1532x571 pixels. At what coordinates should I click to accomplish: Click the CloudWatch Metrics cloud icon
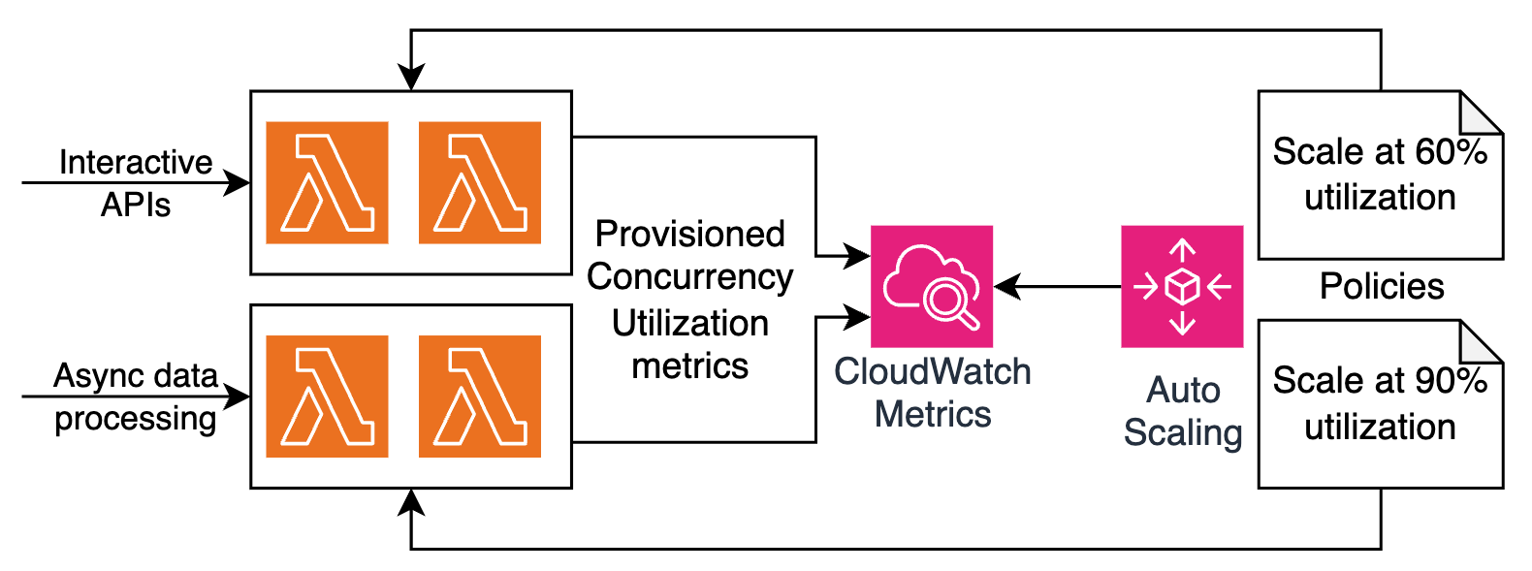click(932, 286)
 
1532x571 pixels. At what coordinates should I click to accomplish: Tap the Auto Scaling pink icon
click(1182, 286)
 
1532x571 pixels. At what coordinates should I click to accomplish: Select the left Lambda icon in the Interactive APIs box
click(327, 182)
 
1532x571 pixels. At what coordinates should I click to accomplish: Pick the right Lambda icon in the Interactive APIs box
click(480, 182)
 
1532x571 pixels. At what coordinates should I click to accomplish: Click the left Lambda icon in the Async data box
click(327, 397)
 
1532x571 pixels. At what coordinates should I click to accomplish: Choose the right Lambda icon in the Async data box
click(480, 397)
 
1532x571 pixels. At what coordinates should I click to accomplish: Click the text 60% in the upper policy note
click(1452, 152)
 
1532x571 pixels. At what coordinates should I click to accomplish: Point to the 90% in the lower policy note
click(1452, 381)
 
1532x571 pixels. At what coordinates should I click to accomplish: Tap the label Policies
click(1382, 287)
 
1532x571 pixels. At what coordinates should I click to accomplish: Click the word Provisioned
click(689, 234)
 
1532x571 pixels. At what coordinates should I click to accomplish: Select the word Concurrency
click(689, 277)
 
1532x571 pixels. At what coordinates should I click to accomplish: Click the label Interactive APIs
click(136, 182)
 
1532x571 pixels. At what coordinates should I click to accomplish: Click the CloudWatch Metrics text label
click(932, 393)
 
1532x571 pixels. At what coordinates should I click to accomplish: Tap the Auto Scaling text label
click(1182, 411)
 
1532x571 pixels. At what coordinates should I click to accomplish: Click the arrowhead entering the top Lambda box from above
click(411, 80)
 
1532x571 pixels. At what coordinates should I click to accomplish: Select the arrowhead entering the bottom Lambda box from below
click(411, 499)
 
